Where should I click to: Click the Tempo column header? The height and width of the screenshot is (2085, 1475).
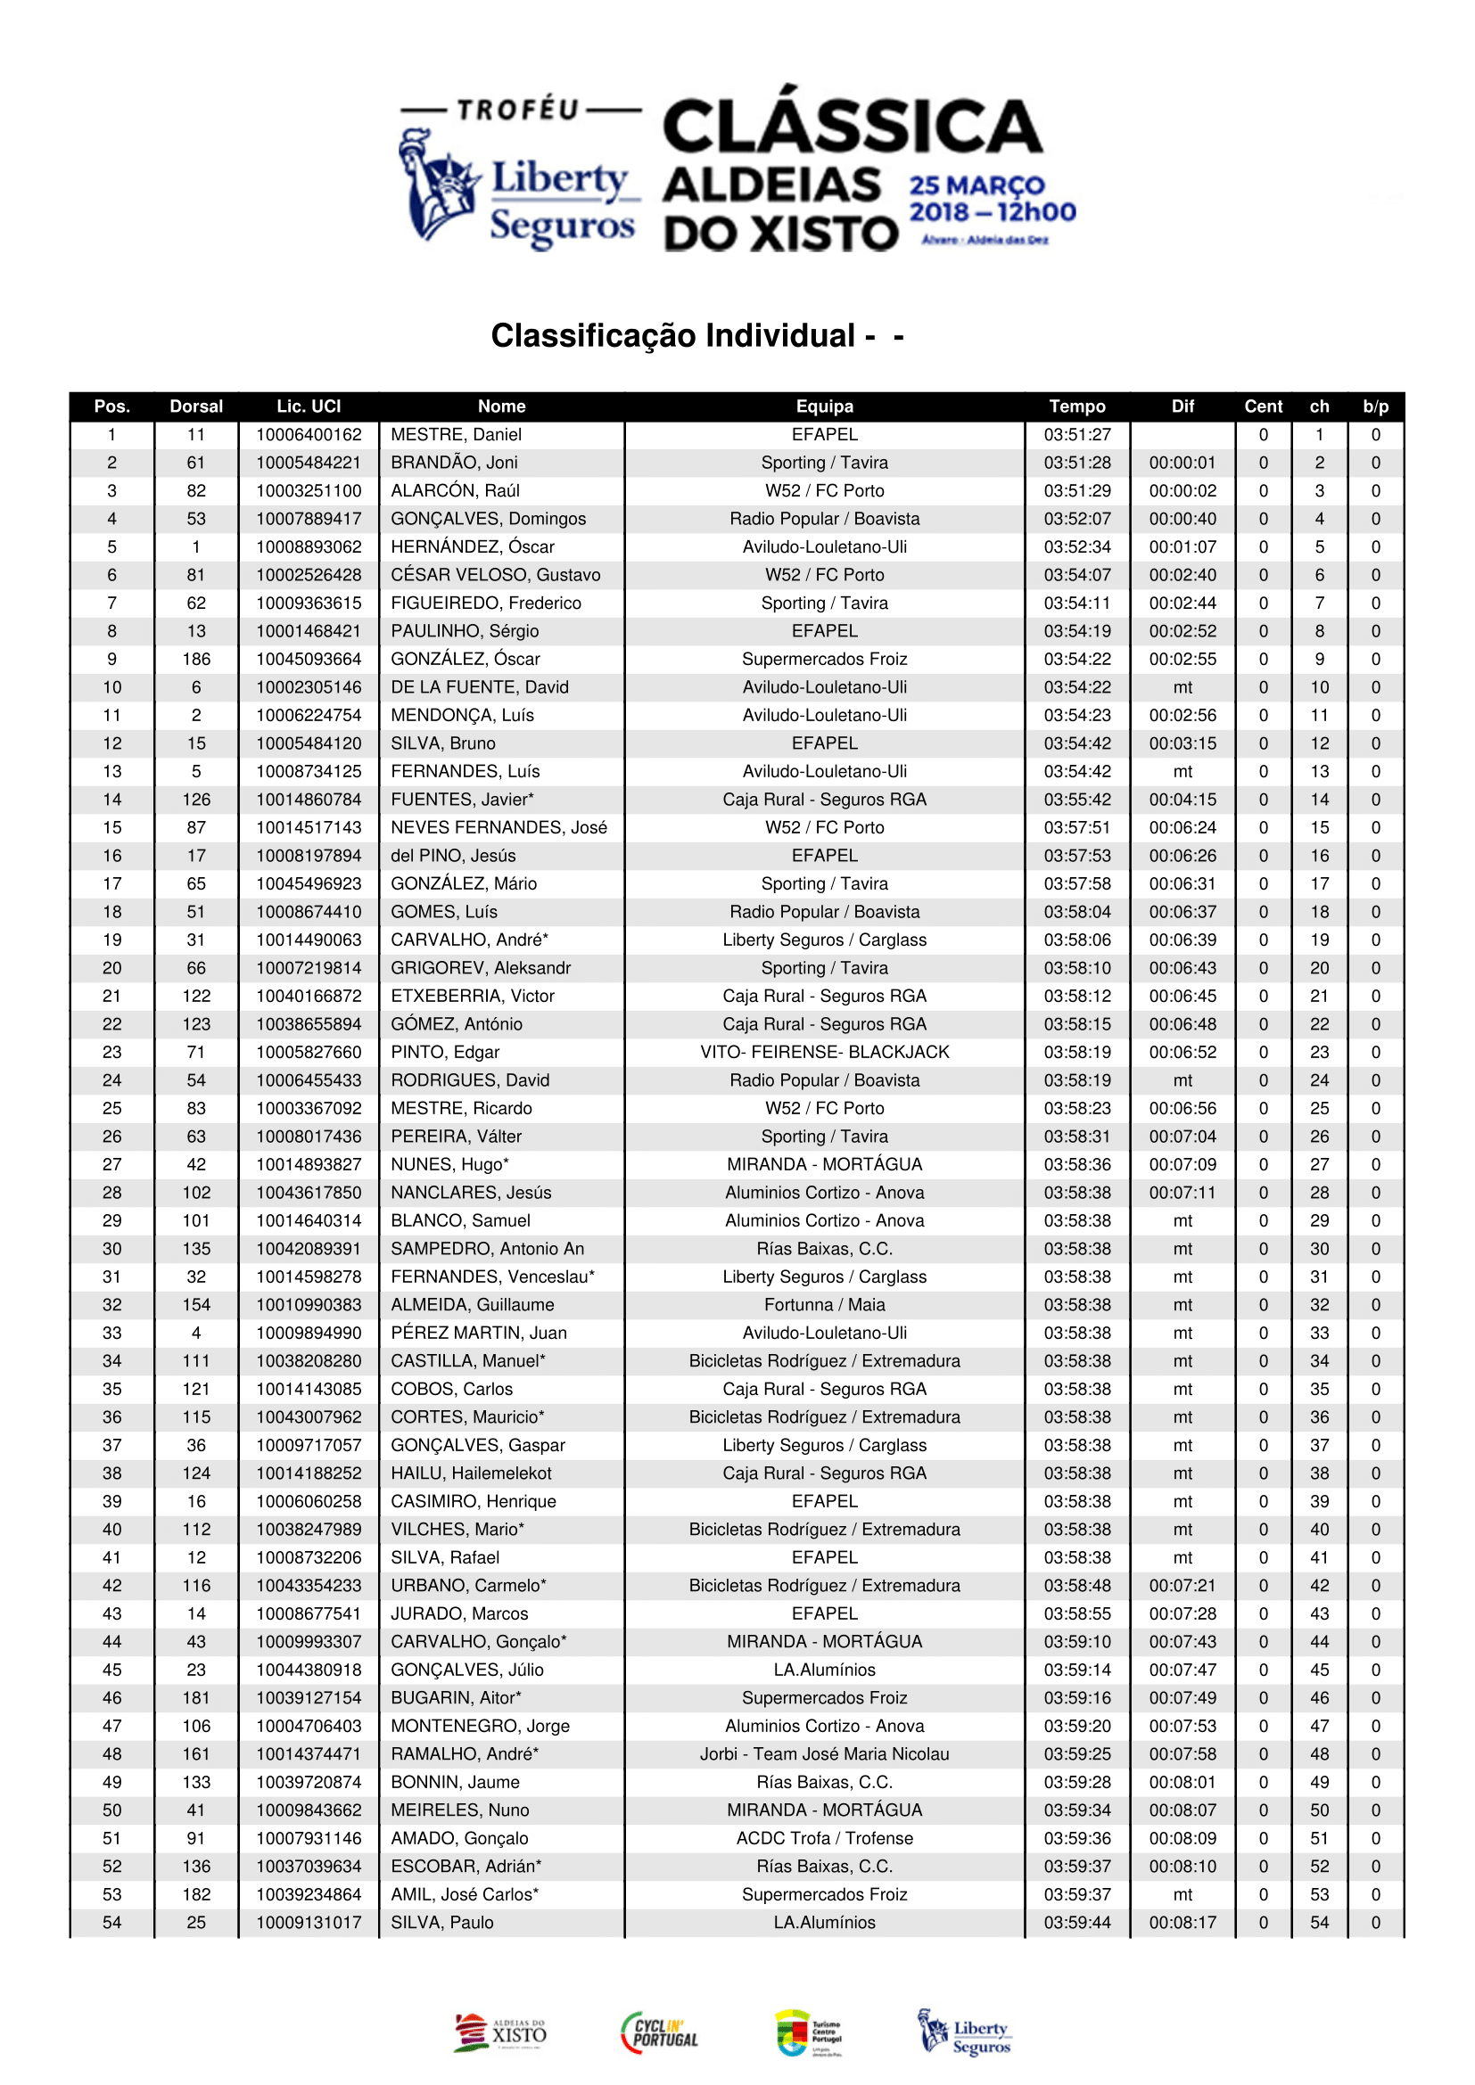[1077, 406]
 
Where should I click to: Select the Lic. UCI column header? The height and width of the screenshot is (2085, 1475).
[309, 406]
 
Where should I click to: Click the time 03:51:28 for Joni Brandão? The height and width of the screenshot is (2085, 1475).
[1077, 464]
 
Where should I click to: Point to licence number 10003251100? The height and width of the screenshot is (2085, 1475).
[309, 491]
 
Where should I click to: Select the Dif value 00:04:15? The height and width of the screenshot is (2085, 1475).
[1182, 800]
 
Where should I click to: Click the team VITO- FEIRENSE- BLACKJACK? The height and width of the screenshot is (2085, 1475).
[825, 1053]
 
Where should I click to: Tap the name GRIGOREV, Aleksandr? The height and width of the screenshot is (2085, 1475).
[481, 968]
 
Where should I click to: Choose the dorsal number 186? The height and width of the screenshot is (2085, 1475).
[196, 660]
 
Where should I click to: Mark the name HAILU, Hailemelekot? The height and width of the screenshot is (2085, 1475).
[471, 1473]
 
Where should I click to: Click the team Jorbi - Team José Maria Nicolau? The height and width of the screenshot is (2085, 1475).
[825, 1753]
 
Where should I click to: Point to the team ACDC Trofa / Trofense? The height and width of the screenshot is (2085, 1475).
[825, 1838]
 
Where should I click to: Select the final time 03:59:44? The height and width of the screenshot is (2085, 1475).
[1077, 1923]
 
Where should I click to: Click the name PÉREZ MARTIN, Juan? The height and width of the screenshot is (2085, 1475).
[479, 1333]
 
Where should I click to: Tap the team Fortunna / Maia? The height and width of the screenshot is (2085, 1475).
[825, 1305]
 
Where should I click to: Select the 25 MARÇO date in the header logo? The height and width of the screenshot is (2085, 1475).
[977, 185]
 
